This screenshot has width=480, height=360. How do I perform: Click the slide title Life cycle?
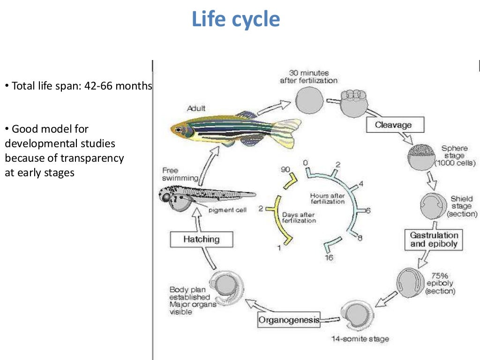[x=236, y=20]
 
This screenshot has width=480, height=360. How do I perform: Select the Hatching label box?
[x=202, y=240]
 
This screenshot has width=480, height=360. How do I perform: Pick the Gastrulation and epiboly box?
[x=434, y=240]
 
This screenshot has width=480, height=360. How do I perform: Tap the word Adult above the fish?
[x=196, y=109]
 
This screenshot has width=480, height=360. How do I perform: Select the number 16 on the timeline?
[x=329, y=258]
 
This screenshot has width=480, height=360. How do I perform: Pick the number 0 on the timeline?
[x=305, y=163]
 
